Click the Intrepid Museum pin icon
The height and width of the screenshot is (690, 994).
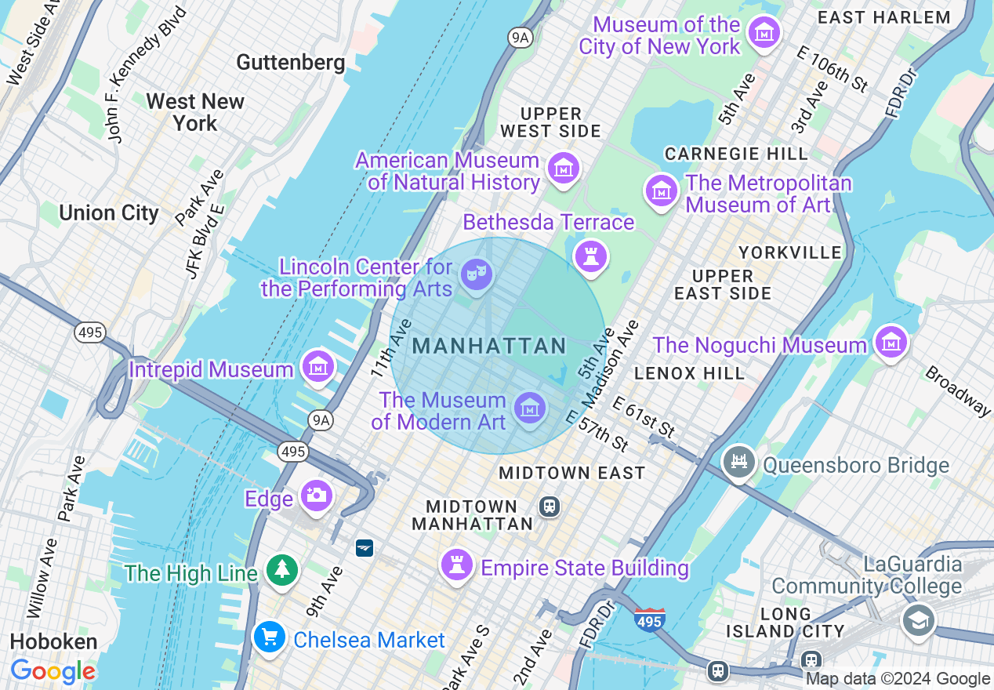317,366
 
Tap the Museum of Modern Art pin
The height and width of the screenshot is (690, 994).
530,408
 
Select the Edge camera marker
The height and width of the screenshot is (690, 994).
316,496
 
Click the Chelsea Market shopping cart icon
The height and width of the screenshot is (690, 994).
270,637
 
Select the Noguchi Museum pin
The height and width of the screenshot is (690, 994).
891,342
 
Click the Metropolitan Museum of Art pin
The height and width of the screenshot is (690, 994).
661,191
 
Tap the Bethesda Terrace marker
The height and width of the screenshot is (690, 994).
591,256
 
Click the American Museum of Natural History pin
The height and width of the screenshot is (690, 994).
563,168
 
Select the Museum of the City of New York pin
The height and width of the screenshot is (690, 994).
764,33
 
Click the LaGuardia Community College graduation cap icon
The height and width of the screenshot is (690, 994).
918,619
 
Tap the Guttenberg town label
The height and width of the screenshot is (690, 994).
290,62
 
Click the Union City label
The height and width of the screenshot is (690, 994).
109,212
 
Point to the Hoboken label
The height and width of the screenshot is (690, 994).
53,641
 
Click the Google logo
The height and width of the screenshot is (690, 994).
53,671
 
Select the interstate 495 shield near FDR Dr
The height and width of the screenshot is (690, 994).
650,620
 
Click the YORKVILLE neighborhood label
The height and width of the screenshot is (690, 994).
790,252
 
